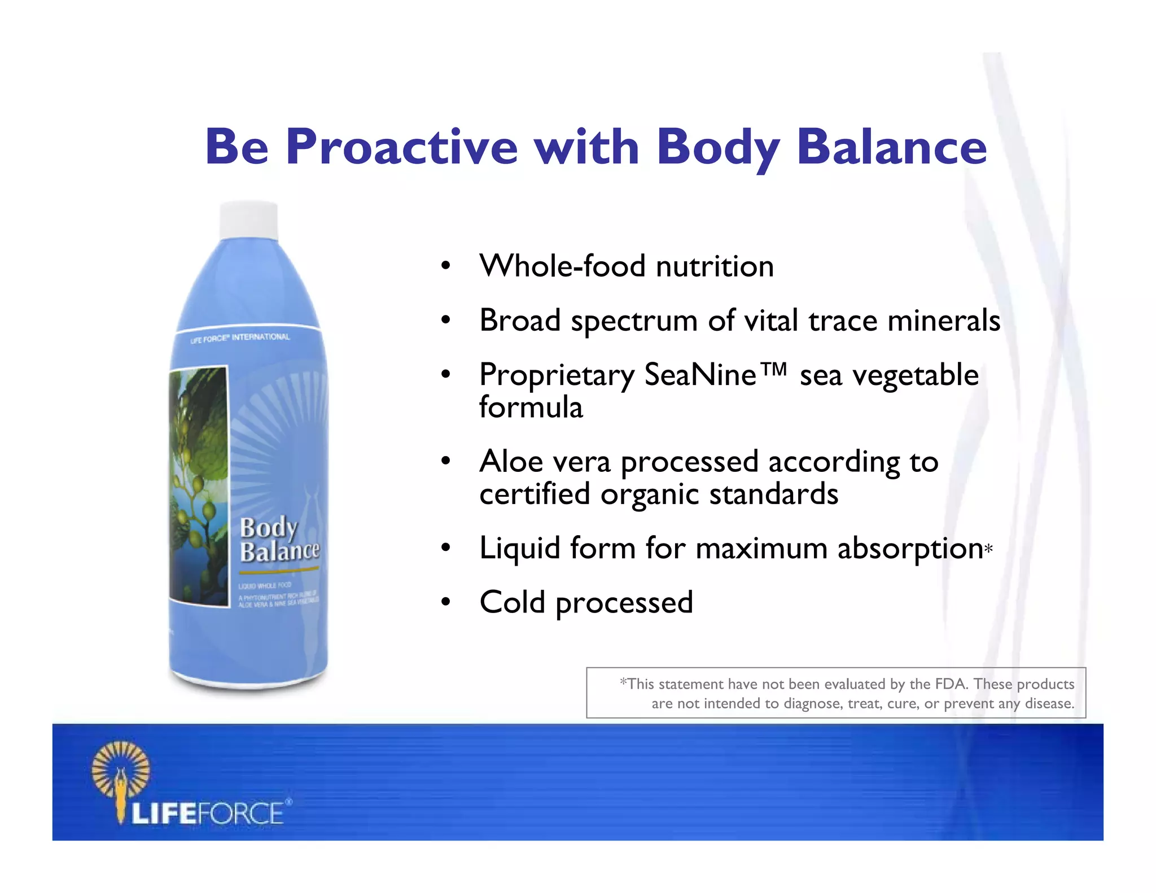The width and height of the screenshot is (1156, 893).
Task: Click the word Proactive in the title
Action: [x=401, y=147]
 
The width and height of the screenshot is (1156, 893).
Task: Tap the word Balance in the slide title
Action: [x=891, y=147]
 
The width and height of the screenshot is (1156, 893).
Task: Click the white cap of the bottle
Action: [x=248, y=220]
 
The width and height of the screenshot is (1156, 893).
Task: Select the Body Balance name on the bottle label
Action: [x=278, y=540]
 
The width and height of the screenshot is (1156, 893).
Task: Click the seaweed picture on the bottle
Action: [x=199, y=485]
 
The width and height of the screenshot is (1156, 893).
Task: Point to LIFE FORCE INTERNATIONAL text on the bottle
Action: [x=240, y=338]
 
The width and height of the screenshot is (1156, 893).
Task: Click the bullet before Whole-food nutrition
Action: [x=446, y=266]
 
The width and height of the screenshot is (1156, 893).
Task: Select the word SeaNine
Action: [x=699, y=375]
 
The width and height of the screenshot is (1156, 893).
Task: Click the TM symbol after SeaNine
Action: [x=773, y=370]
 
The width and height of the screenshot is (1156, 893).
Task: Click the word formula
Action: [x=531, y=408]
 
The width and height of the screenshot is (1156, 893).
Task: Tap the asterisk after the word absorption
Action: [x=988, y=549]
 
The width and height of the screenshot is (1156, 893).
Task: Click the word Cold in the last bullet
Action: [x=512, y=602]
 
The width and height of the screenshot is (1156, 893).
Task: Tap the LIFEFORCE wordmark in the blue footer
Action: [x=207, y=814]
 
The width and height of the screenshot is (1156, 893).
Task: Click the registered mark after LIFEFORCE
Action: [x=288, y=802]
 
